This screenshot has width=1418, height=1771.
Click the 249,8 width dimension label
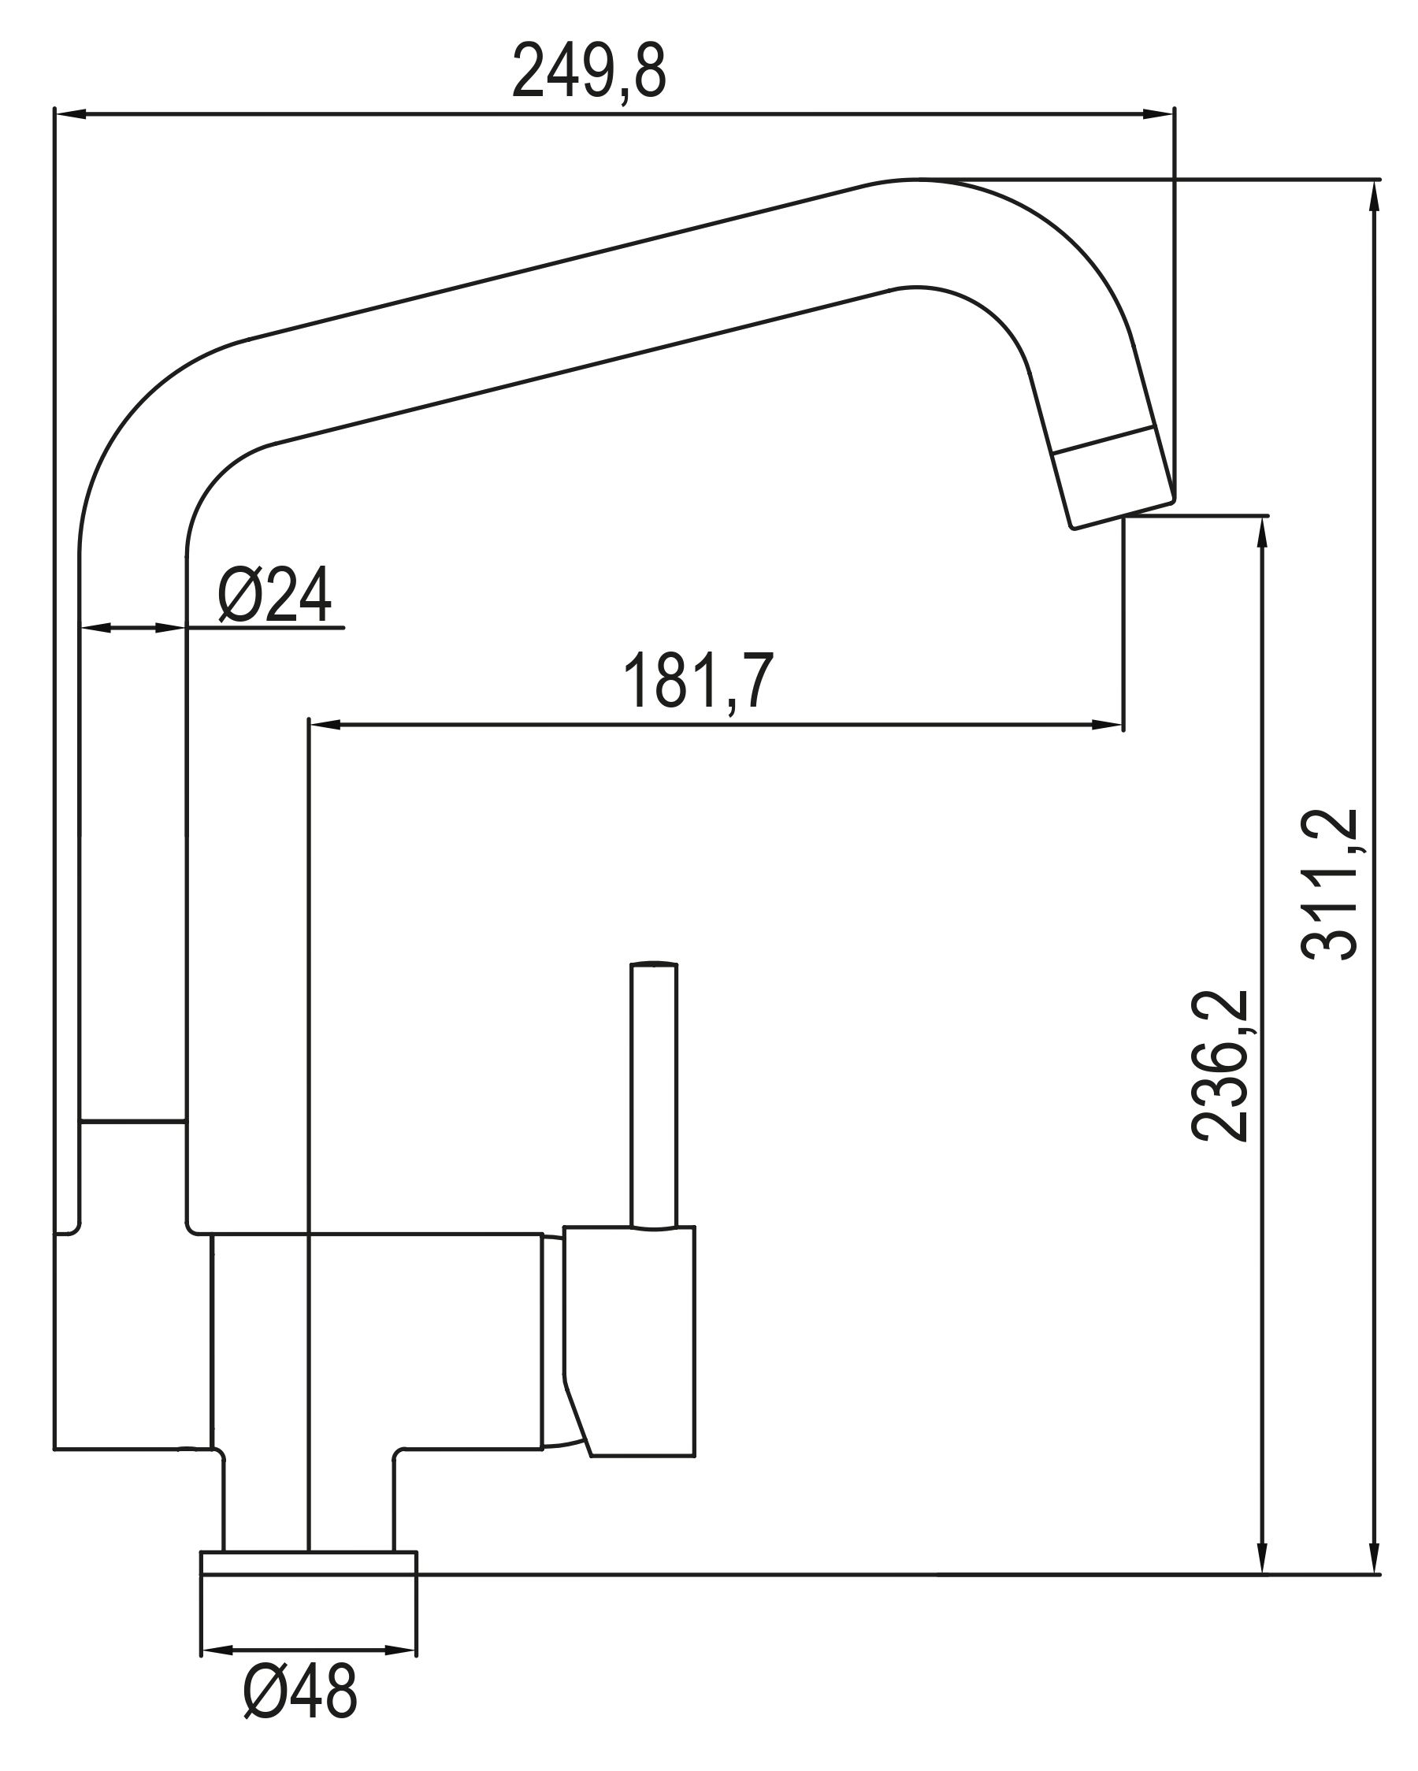pyautogui.click(x=588, y=72)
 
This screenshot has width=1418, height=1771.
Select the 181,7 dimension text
pyautogui.click(x=698, y=681)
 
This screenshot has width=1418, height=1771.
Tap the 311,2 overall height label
pyautogui.click(x=1329, y=884)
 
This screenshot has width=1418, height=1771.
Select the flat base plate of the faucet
pyautogui.click(x=309, y=1563)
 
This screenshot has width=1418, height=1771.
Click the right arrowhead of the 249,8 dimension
pyautogui.click(x=1157, y=115)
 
